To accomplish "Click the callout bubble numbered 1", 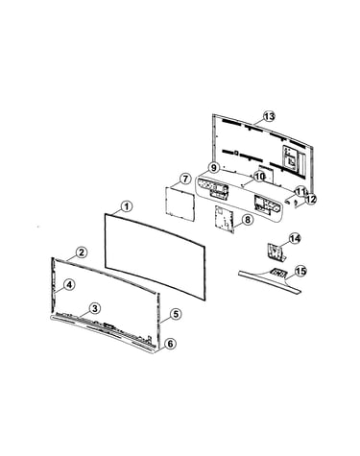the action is point(127,206).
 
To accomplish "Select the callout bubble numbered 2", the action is point(82,252).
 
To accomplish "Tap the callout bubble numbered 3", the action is point(95,309).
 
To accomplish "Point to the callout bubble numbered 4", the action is point(69,284).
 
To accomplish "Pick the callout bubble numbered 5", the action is point(176,314).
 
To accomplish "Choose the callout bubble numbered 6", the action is point(170,344).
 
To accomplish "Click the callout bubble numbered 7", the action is point(185,179).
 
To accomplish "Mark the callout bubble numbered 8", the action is point(247,220).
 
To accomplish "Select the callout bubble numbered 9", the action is point(213,167).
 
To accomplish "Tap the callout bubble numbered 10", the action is point(259,177).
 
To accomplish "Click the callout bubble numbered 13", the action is point(269,116).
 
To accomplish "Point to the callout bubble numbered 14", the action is point(295,238).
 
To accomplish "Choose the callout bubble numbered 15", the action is point(300,272).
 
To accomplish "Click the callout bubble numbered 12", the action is point(310,200).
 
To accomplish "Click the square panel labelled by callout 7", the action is point(180,204).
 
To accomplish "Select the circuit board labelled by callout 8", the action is point(225,219).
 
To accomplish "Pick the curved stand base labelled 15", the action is point(271,279).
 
